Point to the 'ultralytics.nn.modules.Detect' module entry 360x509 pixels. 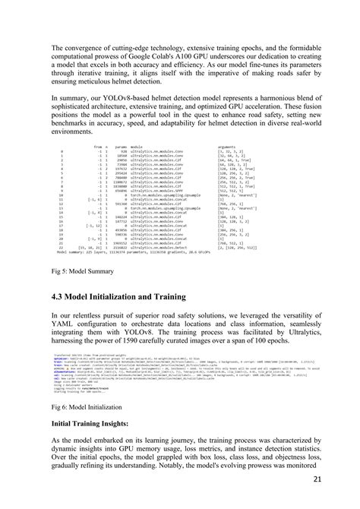[163, 247]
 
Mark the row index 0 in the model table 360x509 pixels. [60, 152]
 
